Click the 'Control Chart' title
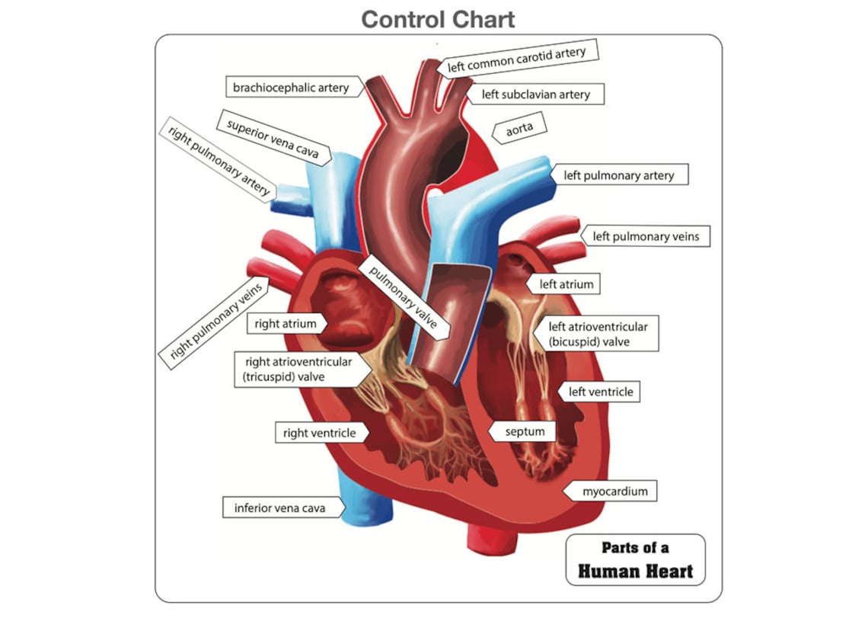(x=438, y=18)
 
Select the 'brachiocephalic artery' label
(x=291, y=88)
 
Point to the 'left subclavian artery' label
(x=536, y=94)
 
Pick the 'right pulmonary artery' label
(x=218, y=159)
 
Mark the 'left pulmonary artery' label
(x=618, y=175)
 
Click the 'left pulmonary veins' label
(x=645, y=237)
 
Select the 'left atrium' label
(x=566, y=284)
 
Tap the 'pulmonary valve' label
(x=407, y=298)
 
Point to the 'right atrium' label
(x=286, y=324)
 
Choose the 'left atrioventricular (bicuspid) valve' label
(x=598, y=334)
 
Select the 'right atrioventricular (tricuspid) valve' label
(x=298, y=370)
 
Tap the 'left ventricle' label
(x=601, y=392)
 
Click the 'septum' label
(x=525, y=432)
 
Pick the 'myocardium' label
(x=614, y=492)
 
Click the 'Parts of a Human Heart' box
(x=635, y=559)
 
